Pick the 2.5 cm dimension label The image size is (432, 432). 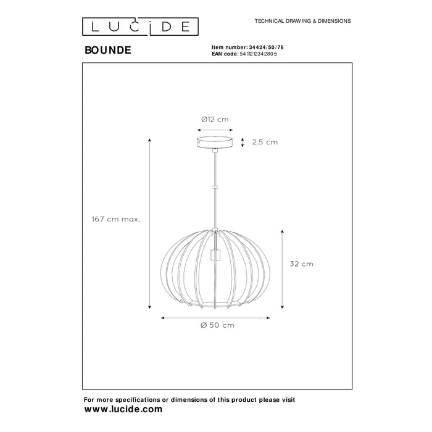[265, 142]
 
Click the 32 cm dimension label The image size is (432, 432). [301, 264]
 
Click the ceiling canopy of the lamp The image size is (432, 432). [215, 143]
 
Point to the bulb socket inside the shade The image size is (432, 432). [215, 254]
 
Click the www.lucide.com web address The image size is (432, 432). [123, 409]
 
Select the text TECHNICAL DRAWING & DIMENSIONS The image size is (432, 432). [302, 21]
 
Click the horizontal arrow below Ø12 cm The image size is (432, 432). [215, 130]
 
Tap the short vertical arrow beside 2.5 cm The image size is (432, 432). [242, 142]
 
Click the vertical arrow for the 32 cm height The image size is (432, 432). [283, 268]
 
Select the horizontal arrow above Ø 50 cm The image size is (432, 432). [215, 317]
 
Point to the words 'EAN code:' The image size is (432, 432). [224, 54]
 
